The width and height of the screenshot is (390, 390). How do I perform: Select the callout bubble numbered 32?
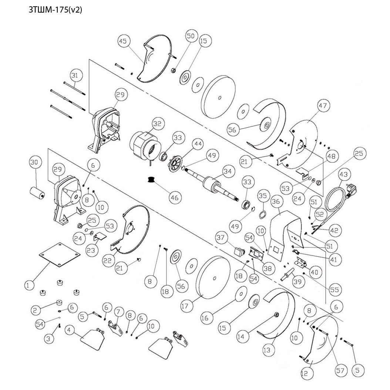[x=157, y=124]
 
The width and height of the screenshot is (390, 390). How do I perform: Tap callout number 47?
[x=323, y=105]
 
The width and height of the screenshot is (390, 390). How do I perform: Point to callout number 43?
[x=343, y=175]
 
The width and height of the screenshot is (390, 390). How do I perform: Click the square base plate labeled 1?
[x=60, y=255]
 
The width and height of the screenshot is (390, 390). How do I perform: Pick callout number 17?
[x=185, y=306]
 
